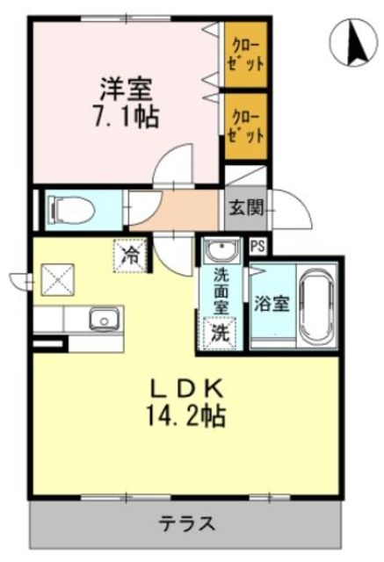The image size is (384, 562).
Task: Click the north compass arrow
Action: (357, 44)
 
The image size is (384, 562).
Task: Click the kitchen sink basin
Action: (104, 319)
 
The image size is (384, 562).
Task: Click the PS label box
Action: (257, 246)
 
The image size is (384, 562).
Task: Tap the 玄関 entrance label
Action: (246, 207)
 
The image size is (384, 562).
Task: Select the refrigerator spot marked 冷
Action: (131, 256)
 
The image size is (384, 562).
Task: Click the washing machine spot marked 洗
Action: (220, 334)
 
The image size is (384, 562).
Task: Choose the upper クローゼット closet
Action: (246, 54)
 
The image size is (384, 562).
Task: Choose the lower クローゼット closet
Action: (246, 126)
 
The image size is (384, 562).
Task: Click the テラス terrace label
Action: (187, 524)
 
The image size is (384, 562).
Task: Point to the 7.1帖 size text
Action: (127, 117)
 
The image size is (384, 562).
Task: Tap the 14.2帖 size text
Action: (185, 415)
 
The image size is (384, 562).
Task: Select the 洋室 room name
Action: (127, 89)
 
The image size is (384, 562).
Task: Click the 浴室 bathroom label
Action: (272, 304)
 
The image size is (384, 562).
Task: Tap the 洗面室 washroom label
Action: (221, 291)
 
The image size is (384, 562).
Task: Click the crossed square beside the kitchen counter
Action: (58, 279)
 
